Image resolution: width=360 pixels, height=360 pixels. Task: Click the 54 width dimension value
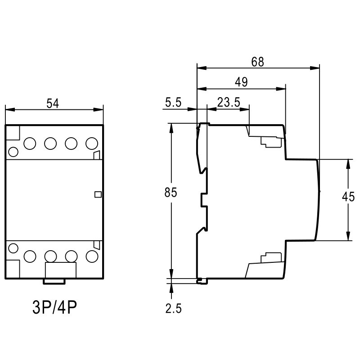pos(53,103)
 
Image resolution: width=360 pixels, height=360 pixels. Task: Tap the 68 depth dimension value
pos(257,62)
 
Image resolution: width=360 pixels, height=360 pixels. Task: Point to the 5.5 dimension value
pos(173,103)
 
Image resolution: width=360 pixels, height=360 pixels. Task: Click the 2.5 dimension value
pos(173,309)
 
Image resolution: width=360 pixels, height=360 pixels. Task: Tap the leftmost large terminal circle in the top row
pos(30,144)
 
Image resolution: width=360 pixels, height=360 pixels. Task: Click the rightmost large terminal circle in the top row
pos(91,144)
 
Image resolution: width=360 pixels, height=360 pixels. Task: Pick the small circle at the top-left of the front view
pos(13,152)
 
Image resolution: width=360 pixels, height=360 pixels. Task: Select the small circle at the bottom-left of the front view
pos(13,247)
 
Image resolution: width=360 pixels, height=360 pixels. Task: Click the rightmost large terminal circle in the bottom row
pos(91,256)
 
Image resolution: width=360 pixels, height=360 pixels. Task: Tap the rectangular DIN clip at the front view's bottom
pos(61,271)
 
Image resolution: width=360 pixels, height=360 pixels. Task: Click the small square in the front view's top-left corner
pos(13,133)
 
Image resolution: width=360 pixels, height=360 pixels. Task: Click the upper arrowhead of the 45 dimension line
pos(348,163)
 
